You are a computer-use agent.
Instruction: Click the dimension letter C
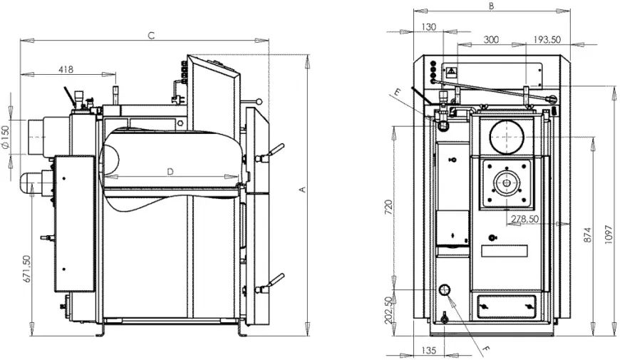coord(151,36)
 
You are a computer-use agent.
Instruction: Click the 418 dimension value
coord(66,70)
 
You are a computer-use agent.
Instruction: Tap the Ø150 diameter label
coord(5,138)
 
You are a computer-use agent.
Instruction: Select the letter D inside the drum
coord(170,172)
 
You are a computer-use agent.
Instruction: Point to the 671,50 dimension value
coord(27,269)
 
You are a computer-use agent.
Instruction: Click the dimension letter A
coord(302,190)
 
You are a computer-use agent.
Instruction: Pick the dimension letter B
coord(492,6)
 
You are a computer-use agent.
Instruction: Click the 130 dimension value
coord(428,27)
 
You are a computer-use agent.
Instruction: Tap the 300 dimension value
coord(491,39)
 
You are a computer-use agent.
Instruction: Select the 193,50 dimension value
coord(547,39)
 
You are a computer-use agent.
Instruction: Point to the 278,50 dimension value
coord(525,219)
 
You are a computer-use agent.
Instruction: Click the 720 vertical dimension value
coord(388,207)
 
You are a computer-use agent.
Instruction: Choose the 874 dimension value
coord(588,235)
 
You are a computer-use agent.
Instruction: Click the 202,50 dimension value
coord(388,310)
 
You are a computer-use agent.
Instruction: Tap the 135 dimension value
coord(428,350)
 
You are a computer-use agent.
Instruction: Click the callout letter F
coord(486,349)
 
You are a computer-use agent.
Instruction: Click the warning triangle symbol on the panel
coord(452,72)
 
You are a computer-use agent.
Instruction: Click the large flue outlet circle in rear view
coord(507,120)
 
